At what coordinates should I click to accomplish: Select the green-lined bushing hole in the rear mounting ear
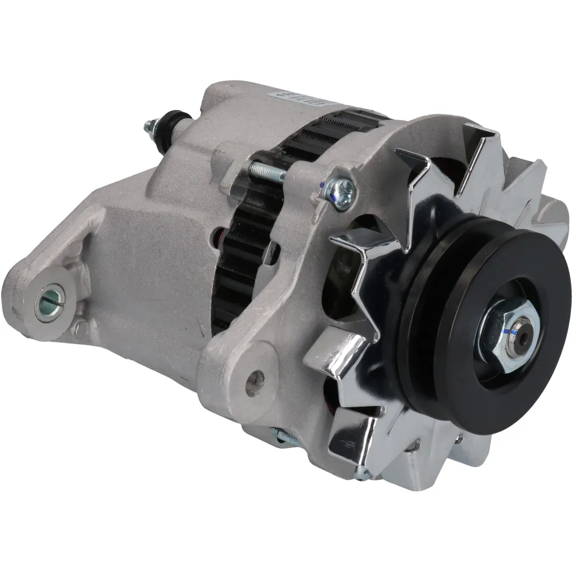pyautogui.click(x=50, y=302)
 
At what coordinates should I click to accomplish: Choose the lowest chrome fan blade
pyautogui.click(x=344, y=441)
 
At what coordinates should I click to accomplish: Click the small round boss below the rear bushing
pyautogui.click(x=82, y=328)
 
